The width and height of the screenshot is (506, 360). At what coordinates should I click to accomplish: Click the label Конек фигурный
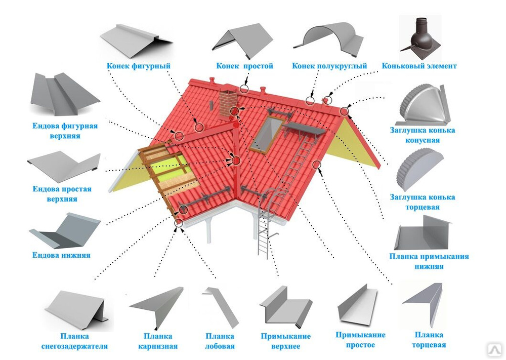(x=138, y=66)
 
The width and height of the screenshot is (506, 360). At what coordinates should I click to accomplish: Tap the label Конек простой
(x=244, y=66)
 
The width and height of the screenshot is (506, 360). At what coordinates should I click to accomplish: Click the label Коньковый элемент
(x=419, y=66)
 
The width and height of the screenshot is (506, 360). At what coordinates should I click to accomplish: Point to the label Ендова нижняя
(x=61, y=255)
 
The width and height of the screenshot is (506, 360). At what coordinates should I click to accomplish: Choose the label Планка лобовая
(x=220, y=341)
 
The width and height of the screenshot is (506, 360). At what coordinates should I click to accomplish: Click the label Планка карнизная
(x=158, y=341)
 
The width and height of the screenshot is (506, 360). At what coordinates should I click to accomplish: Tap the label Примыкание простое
(x=360, y=340)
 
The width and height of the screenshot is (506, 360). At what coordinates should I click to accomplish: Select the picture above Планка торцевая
(x=423, y=304)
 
